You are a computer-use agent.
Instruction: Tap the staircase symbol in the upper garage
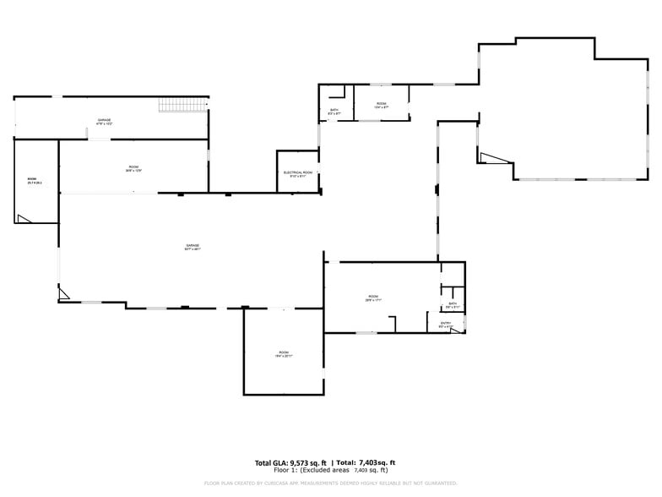pos(183,105)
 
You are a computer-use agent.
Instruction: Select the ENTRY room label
pos(446,323)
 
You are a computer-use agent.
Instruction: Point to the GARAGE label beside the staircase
pos(104,120)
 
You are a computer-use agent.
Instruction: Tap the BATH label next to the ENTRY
pos(453,303)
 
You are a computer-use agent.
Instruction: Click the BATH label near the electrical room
pos(334,110)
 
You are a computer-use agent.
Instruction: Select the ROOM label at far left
pos(32,179)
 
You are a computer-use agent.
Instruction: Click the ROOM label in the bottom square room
pos(284,352)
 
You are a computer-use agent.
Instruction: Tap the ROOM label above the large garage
pos(133,167)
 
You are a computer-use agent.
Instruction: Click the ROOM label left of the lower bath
pos(372,297)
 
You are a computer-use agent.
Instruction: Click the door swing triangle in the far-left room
pos(24,219)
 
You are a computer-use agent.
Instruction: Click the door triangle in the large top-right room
pos(488,157)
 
